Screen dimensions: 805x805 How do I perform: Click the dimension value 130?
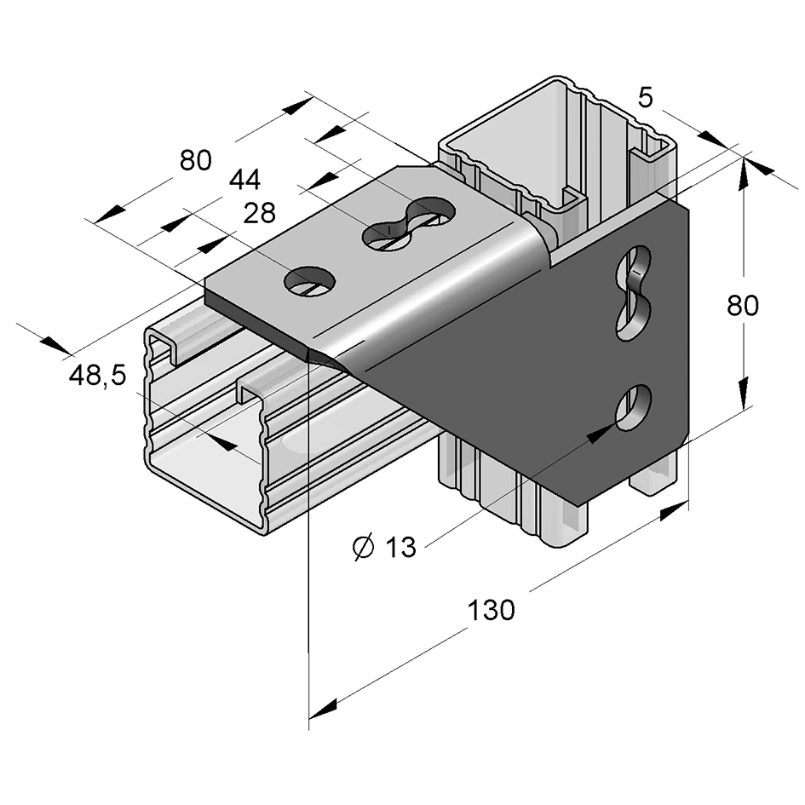click(x=491, y=610)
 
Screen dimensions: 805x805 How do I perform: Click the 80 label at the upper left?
click(x=195, y=160)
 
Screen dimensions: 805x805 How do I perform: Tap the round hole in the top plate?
click(x=309, y=281)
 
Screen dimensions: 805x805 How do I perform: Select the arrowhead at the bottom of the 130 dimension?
click(x=325, y=708)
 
